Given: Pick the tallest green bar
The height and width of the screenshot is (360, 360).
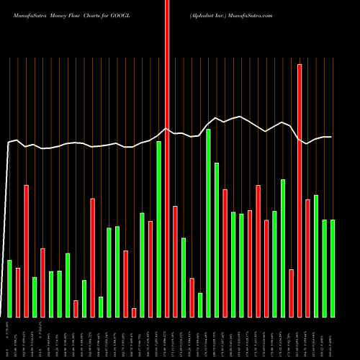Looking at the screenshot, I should (x=208, y=223).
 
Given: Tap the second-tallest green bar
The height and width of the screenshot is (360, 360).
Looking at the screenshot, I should (x=158, y=229).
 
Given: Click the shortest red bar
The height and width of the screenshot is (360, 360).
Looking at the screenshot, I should (x=134, y=312).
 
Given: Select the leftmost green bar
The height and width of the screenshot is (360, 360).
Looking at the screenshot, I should (x=9, y=288).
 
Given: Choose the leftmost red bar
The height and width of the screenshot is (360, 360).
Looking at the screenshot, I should (x=18, y=292).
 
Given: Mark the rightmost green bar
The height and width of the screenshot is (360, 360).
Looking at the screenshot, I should (x=333, y=268).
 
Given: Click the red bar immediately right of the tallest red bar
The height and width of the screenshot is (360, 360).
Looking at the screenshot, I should (x=175, y=261).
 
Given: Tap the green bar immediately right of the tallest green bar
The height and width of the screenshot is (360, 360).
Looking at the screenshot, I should (x=217, y=240).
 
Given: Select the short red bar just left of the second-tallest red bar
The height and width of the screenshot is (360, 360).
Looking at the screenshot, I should (x=291, y=293).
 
